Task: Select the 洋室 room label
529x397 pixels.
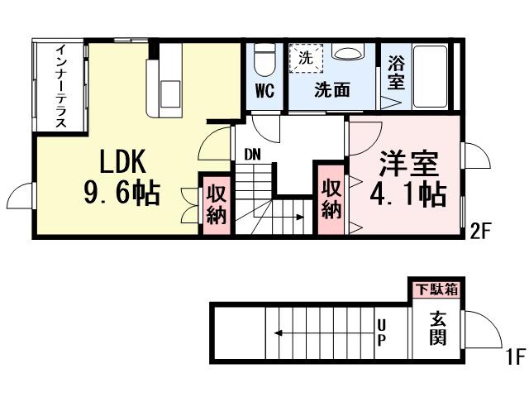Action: (x=408, y=162)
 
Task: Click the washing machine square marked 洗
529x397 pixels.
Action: (x=306, y=58)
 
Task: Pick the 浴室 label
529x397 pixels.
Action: (x=396, y=73)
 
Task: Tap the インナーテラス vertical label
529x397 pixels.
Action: (x=61, y=87)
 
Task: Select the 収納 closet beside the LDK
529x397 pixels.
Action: (x=217, y=204)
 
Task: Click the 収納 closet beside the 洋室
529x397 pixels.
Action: (x=331, y=198)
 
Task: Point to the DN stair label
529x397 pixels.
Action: (x=252, y=152)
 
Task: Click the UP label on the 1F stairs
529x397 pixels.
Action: (x=381, y=332)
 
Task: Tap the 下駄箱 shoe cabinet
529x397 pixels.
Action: (x=436, y=289)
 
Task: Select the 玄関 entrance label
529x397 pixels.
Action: (x=437, y=328)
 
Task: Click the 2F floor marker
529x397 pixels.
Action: (x=481, y=231)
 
